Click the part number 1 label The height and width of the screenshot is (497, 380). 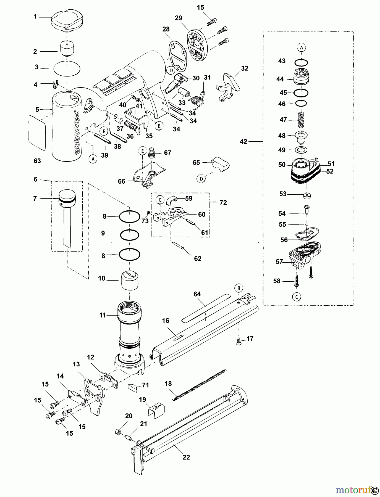[x=35, y=17]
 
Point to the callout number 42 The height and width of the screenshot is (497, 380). [x=243, y=142]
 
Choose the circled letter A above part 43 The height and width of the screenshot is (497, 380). [x=301, y=48]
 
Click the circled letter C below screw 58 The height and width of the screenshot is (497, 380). [x=296, y=297]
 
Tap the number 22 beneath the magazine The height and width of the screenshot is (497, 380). [x=186, y=457]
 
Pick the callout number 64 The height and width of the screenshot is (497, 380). [x=197, y=294]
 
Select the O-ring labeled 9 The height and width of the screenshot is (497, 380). [x=129, y=235]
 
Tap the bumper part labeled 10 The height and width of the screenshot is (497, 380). [x=129, y=280]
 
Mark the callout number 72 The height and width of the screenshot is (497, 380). [x=223, y=203]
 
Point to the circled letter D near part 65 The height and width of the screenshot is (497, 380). [x=201, y=179]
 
